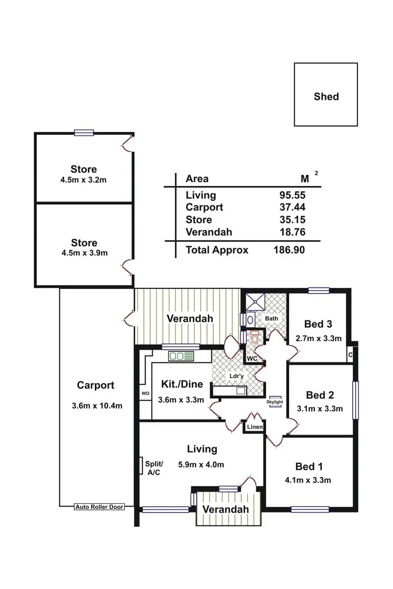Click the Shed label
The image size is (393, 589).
(x=326, y=96)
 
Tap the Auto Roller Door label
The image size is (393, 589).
(x=100, y=507)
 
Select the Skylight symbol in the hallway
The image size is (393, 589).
(x=276, y=402)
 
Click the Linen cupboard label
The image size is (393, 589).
(x=255, y=428)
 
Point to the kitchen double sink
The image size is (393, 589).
(x=181, y=357)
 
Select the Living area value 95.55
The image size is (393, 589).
(x=292, y=195)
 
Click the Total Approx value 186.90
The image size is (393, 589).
(x=289, y=250)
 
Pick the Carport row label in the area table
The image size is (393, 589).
(x=204, y=207)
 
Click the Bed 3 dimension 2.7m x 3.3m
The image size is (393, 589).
(x=319, y=338)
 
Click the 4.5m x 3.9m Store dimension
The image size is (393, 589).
(x=84, y=253)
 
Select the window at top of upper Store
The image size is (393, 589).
(x=84, y=133)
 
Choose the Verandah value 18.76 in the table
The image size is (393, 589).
(x=292, y=232)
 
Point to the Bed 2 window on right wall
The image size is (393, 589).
(x=356, y=400)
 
